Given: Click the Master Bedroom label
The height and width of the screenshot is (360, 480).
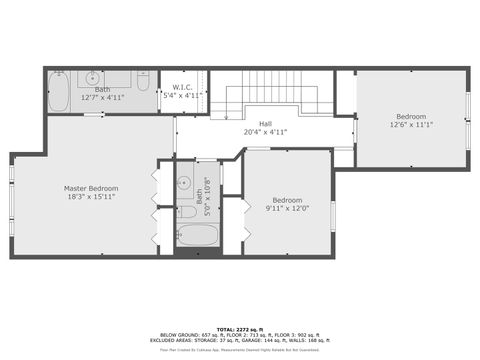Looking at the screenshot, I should click(x=91, y=188).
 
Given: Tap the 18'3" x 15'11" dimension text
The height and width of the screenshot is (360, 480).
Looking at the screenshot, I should click(x=91, y=197).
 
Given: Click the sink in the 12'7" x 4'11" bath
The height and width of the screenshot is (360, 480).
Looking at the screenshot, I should click(x=92, y=77).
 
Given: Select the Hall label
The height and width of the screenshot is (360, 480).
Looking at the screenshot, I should click(x=265, y=122).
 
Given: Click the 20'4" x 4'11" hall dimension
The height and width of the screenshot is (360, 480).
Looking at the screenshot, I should click(x=265, y=131).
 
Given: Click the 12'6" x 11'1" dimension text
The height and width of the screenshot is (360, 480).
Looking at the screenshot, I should click(x=411, y=125).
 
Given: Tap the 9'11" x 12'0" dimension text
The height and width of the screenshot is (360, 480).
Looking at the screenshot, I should click(x=287, y=208).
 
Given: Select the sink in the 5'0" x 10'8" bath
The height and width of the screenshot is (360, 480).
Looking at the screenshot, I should click(x=184, y=184).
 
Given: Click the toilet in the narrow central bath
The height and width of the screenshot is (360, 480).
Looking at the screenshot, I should click(x=186, y=211).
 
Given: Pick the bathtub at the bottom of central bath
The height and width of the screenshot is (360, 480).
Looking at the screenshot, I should click(x=197, y=237).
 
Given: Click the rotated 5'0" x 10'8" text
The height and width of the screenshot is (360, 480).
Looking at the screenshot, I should click(x=207, y=197).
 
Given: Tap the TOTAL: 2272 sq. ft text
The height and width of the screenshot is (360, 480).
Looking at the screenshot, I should click(x=240, y=329).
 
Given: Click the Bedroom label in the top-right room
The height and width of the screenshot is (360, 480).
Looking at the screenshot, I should click(x=411, y=116).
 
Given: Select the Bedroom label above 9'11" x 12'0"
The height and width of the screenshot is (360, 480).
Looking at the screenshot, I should click(x=287, y=199).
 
